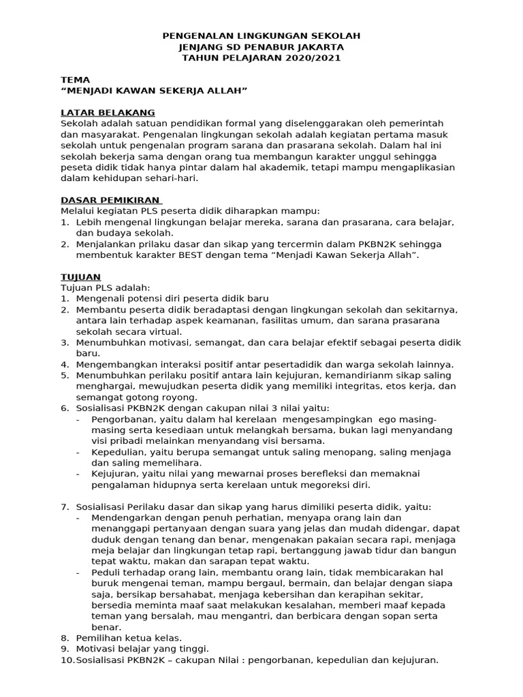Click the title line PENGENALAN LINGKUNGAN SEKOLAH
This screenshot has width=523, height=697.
click(261, 35)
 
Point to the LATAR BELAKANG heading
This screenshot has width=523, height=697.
click(108, 112)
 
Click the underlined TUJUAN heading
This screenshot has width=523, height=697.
click(80, 277)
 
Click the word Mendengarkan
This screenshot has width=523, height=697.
click(127, 518)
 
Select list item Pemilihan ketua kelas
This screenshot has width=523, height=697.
click(129, 638)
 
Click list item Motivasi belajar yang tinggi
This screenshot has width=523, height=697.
click(142, 649)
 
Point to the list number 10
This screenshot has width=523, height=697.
click(67, 660)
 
